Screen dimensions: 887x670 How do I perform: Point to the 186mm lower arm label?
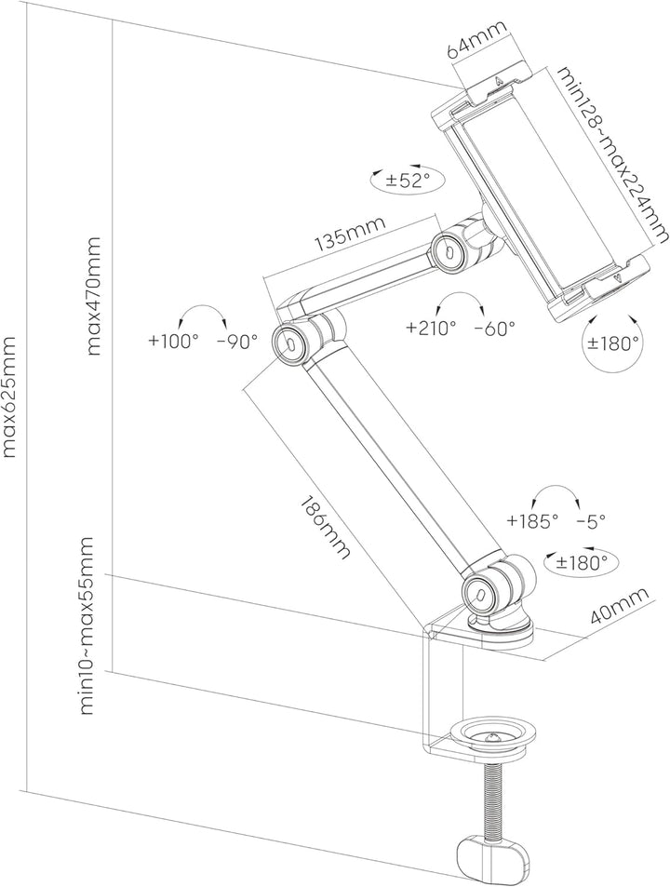pos(325,526)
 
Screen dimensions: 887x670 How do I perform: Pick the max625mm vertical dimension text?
pos(11,397)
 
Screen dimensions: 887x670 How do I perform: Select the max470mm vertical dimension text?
pos(93,296)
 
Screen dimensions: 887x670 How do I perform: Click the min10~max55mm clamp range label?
pos(88,625)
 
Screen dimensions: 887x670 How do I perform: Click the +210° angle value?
pos(431,328)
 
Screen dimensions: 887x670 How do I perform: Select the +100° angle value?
pos(173,342)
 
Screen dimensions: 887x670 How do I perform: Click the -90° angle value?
pos(236,342)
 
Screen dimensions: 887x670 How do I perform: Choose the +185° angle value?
pos(532,521)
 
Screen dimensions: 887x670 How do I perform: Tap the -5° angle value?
pos(592,521)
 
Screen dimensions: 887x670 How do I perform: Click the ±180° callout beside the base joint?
pos(582,561)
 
